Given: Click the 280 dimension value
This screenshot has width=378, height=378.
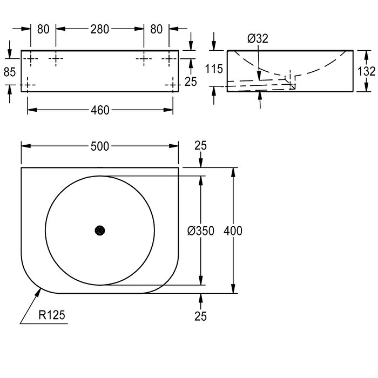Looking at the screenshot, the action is click(100, 29).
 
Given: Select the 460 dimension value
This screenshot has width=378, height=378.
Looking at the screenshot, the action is click(100, 110).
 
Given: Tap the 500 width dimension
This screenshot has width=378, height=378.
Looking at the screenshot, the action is click(100, 146).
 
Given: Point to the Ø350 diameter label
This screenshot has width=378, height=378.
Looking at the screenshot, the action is click(200, 231).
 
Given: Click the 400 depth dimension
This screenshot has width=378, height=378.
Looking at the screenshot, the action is click(233, 231).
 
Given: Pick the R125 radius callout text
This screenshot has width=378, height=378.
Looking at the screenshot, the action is click(52, 315).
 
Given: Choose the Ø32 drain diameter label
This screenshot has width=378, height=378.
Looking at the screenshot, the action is click(258, 38).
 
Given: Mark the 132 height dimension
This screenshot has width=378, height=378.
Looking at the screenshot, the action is click(366, 71).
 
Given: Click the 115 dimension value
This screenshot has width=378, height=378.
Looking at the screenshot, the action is click(214, 69).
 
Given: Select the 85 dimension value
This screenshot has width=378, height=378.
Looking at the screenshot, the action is click(10, 72).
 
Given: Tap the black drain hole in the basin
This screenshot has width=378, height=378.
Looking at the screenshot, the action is click(100, 231).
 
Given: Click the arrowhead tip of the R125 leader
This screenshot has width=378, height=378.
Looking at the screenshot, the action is click(40, 288).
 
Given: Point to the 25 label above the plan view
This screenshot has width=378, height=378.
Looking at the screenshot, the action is click(200, 146).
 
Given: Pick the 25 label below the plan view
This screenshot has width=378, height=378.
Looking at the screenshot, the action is click(200, 316).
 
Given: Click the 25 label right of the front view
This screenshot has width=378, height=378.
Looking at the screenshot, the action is click(191, 82).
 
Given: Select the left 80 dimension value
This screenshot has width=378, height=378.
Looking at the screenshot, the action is click(43, 29).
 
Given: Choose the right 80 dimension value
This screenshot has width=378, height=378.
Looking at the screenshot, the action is click(157, 29).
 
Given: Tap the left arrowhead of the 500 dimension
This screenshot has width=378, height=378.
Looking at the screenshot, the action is click(26, 146).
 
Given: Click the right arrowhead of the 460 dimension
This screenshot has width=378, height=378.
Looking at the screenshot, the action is click(168, 110).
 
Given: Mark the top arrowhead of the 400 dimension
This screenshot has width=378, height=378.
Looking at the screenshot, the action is click(233, 172).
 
